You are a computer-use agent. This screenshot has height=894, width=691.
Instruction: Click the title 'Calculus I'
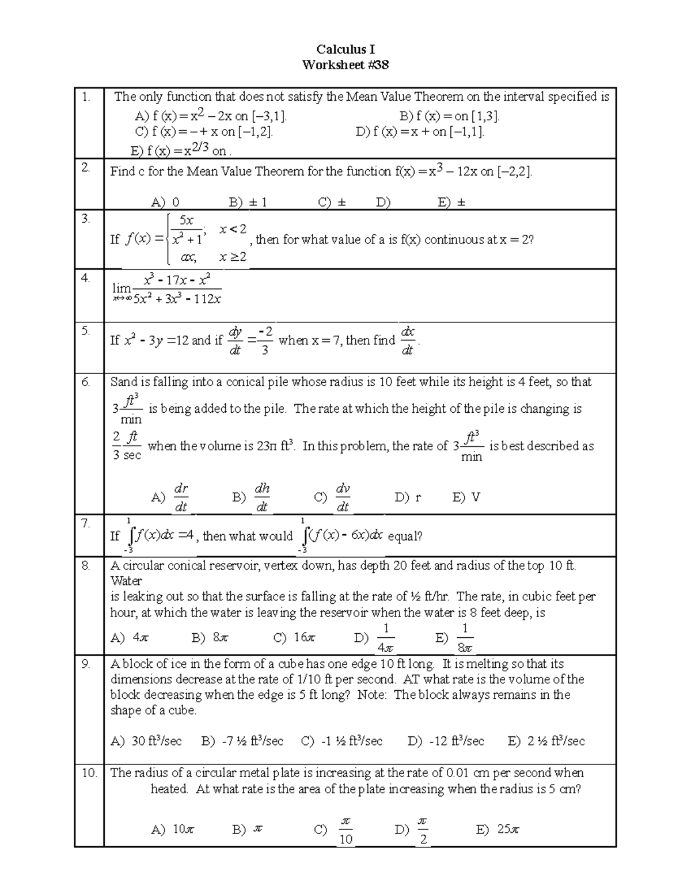(x=345, y=50)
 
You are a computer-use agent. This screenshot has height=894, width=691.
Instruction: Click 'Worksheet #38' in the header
(x=345, y=65)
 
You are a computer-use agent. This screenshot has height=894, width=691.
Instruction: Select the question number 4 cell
(x=86, y=278)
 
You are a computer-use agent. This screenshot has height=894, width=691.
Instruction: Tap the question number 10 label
(x=89, y=773)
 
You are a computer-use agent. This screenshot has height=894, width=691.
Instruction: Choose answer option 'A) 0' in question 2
(x=165, y=202)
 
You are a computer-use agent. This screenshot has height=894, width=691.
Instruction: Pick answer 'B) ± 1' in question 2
(x=248, y=202)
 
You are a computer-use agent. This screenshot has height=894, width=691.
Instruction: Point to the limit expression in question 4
(x=166, y=289)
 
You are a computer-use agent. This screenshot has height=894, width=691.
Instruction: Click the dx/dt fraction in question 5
(x=407, y=341)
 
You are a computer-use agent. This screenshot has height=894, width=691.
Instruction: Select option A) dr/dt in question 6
(x=171, y=497)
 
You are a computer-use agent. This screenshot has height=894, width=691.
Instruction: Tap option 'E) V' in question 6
(x=466, y=497)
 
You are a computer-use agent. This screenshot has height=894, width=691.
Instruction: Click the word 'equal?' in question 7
(x=405, y=537)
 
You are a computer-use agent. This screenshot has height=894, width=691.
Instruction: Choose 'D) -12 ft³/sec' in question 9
(x=446, y=741)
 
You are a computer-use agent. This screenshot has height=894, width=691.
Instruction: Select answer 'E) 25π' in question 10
(x=498, y=830)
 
